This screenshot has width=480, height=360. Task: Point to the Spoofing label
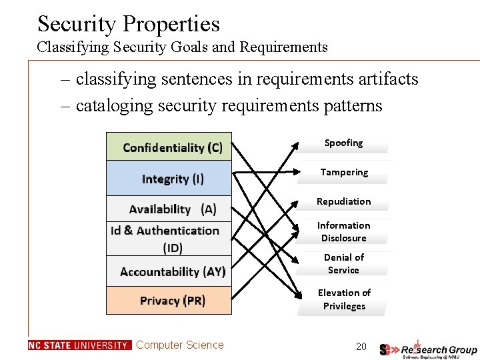pyautogui.click(x=343, y=143)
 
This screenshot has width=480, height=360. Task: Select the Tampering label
pyautogui.click(x=343, y=173)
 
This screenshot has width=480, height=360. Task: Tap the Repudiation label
pyautogui.click(x=343, y=201)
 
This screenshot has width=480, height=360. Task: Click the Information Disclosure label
pyautogui.click(x=343, y=232)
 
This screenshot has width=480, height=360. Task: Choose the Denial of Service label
pyautogui.click(x=343, y=264)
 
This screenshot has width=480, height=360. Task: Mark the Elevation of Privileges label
pyautogui.click(x=343, y=299)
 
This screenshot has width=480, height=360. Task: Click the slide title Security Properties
pyautogui.click(x=129, y=24)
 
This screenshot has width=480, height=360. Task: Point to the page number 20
pyautogui.click(x=361, y=346)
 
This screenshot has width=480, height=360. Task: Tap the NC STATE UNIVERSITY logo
pyautogui.click(x=79, y=345)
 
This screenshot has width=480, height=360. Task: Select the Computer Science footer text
pyautogui.click(x=180, y=345)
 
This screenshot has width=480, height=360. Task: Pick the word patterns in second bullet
pyautogui.click(x=349, y=106)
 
